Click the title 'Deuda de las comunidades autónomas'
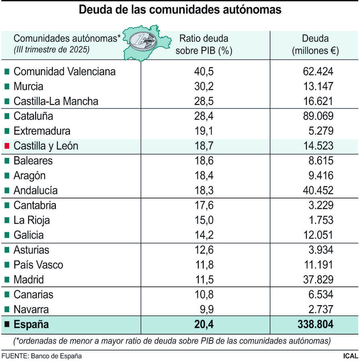coord(180,10)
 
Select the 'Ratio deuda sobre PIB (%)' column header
coord(204,44)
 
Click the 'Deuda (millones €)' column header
coord(315,44)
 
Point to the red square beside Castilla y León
coord(7,146)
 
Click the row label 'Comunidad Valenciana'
coord(64,72)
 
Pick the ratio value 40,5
coord(204,72)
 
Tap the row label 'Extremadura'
coord(42,131)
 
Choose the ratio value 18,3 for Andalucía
coord(204,191)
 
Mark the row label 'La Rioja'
coord(31,220)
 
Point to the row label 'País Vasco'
coord(38,265)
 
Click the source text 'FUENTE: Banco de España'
coord(41,356)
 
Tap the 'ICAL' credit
coord(350,356)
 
